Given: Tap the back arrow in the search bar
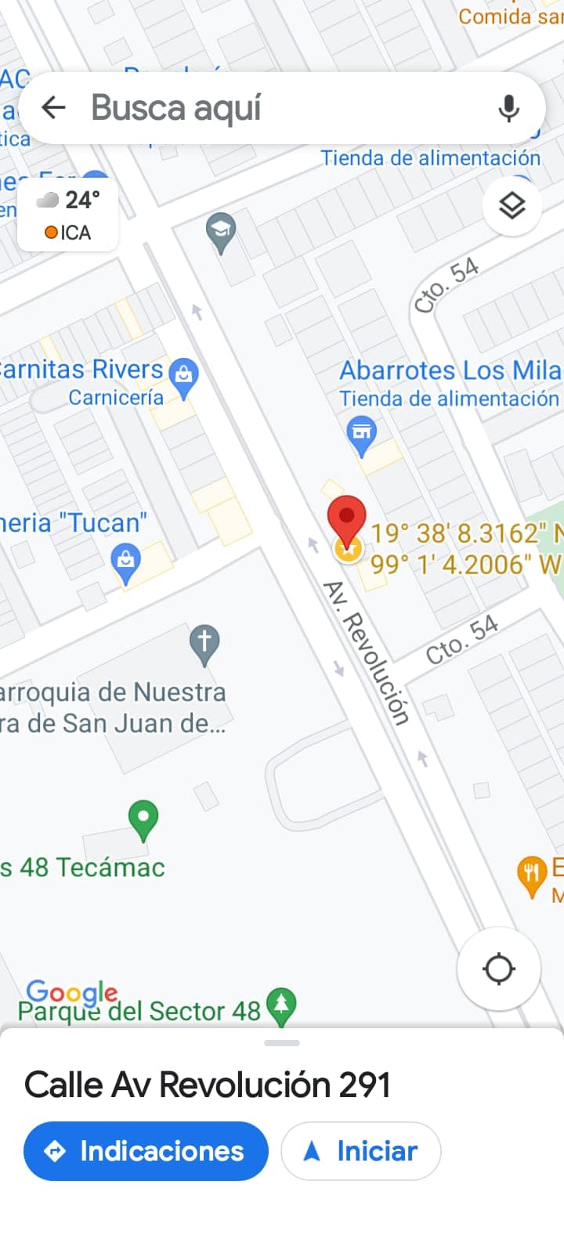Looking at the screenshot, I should tap(53, 107).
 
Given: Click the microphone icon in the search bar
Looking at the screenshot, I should tap(508, 108).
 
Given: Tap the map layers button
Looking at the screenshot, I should tap(512, 206).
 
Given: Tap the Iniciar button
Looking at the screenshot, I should tap(361, 1150).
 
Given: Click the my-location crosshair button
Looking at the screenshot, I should tap(499, 969).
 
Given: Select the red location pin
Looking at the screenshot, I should tap(346, 519).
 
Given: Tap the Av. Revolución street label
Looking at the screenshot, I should tap(367, 653).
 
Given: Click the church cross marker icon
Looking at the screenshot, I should tap(204, 642).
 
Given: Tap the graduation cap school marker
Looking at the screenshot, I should tap(221, 231).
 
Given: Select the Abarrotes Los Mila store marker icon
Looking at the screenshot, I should tap(361, 433).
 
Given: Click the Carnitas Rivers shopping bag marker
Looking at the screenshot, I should tap(184, 375).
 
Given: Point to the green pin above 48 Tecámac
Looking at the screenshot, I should tap(143, 818).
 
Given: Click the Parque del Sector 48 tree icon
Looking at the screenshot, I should tap(281, 1004).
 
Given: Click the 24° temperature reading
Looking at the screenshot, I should tap(82, 200).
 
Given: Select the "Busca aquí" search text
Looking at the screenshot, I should tap(176, 108).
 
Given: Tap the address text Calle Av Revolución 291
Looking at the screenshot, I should tap(208, 1085).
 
